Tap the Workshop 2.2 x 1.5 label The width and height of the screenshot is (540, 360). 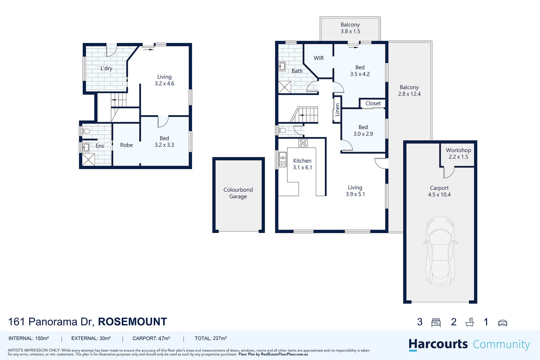click(458, 153)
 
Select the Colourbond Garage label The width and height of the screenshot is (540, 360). click(238, 193)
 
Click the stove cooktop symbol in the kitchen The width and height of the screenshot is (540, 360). click(303, 143)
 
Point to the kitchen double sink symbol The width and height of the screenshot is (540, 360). click(282, 160)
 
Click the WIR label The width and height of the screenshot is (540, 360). click(319, 58)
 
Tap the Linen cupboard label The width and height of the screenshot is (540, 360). click(337, 109)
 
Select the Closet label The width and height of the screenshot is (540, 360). click(373, 103)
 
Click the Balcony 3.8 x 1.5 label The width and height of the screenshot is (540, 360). click(350, 28)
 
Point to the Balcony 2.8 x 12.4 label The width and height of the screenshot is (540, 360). click(409, 91)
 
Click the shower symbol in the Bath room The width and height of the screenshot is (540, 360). click(285, 87)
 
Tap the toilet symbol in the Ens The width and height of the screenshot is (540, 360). click(86, 131)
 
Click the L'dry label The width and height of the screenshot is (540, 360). click(106, 68)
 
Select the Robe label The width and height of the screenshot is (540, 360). click(126, 145)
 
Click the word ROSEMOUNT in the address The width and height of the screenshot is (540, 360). click(132, 322)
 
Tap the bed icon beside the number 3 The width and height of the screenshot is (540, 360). click(436, 322)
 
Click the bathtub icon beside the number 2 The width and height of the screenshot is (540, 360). click(469, 322)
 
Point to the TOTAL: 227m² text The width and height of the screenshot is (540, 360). click(211, 338)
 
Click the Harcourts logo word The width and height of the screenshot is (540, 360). click(438, 344)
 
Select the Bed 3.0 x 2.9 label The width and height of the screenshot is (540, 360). click(363, 131)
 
